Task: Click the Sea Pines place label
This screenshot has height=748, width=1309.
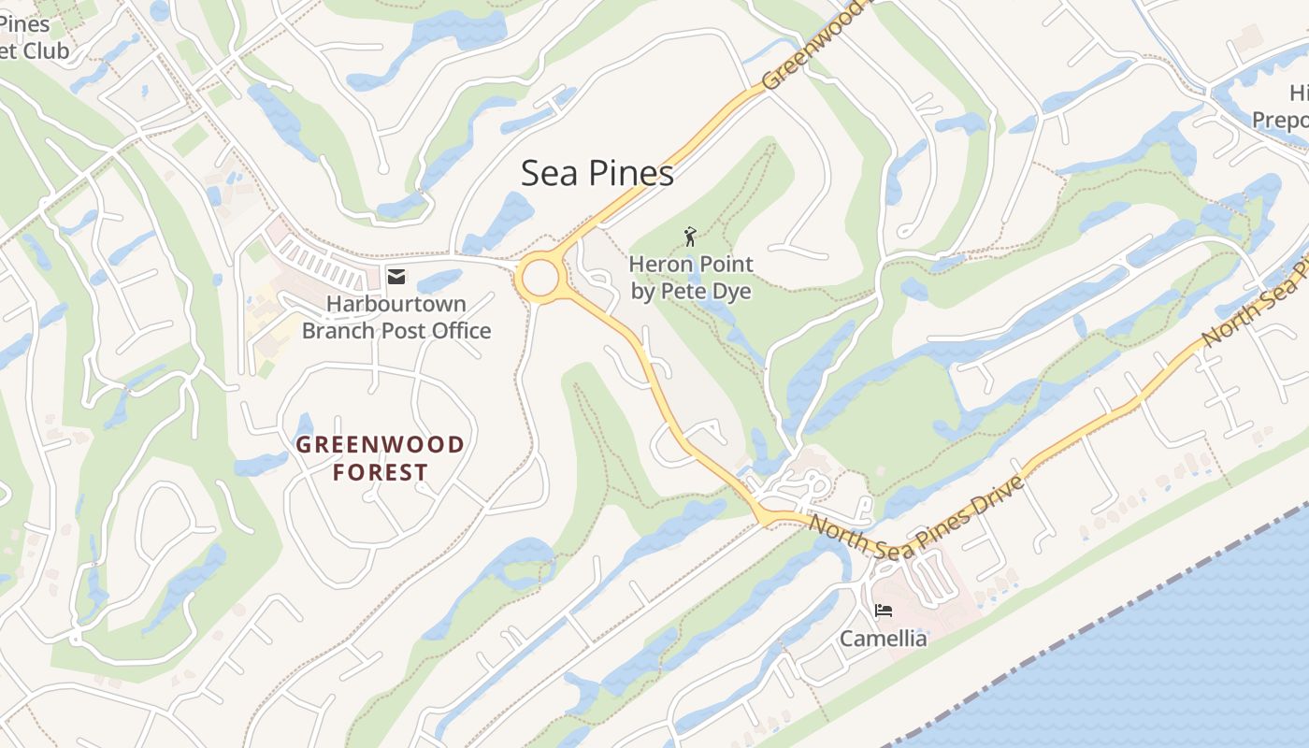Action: (597, 174)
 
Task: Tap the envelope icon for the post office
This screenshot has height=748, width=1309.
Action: (396, 276)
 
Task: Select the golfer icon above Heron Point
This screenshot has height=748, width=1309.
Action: (690, 237)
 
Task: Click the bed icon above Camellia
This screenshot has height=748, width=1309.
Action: (883, 611)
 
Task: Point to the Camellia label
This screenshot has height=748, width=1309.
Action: (883, 639)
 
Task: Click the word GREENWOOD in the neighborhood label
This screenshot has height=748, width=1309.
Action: (380, 445)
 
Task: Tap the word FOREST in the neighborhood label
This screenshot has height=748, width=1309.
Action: (380, 473)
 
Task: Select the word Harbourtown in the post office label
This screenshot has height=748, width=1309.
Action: (396, 304)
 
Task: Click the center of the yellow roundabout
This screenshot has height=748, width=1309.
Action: (540, 278)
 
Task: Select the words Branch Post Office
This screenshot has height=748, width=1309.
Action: (396, 330)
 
